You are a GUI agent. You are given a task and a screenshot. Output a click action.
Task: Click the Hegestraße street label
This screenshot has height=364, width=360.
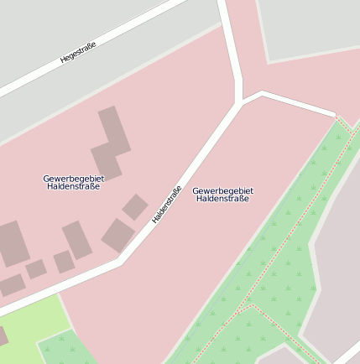point(78,54)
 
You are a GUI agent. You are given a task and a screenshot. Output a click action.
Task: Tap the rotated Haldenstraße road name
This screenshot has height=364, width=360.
point(166,205)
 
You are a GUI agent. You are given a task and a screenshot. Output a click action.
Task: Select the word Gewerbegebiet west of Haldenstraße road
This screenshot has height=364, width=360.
point(71,178)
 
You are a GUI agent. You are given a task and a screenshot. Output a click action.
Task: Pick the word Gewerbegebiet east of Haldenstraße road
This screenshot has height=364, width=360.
point(222,190)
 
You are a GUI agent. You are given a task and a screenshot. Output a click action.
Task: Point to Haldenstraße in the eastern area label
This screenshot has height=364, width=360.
point(222,199)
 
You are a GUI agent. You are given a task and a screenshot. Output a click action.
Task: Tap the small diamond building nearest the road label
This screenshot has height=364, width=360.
point(134,206)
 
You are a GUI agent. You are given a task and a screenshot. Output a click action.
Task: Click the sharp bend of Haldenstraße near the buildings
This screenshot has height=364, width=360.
point(119,262)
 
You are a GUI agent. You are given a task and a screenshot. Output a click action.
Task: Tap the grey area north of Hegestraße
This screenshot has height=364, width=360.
point(50,25)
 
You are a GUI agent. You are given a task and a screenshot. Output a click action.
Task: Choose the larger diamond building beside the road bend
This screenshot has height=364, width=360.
point(118,236)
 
